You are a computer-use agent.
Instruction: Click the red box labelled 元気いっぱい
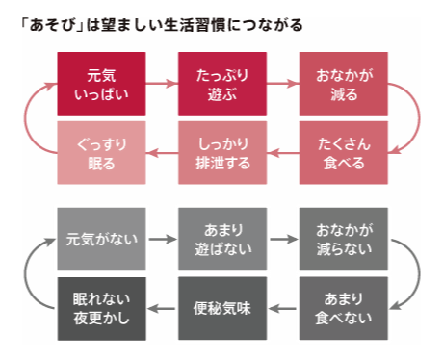click(101, 85)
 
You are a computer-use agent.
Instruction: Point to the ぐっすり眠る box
click(101, 153)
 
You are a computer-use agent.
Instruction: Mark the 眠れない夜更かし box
click(101, 308)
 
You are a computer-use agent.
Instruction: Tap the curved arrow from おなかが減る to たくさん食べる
click(412, 117)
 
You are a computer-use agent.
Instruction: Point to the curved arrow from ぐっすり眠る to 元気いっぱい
click(33, 117)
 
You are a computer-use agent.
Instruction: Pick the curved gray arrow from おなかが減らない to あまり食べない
click(412, 272)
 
